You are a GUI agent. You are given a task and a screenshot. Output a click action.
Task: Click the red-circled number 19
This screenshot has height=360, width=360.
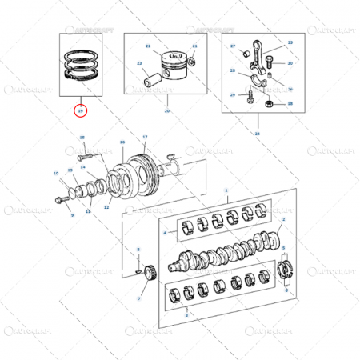pos(78,110)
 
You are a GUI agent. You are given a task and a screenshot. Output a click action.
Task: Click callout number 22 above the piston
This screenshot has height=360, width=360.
pos(147,47)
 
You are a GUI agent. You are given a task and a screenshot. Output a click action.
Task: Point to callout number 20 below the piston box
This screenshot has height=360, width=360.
pos(167,110)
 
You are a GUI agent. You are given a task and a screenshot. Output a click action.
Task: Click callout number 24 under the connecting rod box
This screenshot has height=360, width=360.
pos(257,133)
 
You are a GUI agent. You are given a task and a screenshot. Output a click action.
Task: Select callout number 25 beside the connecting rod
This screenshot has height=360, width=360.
pos(290,42)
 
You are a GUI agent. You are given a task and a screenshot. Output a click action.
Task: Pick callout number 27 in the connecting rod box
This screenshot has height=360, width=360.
pos(233,47)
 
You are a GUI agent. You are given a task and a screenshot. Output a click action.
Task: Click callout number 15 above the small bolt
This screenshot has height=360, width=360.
pos(82,138)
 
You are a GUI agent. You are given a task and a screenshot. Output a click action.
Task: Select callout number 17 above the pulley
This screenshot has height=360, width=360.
pos(145,138)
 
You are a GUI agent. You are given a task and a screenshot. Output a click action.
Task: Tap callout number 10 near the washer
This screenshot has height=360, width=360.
pos(56,174)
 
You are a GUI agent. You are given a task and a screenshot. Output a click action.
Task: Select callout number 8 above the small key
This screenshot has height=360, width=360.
pos(138,250)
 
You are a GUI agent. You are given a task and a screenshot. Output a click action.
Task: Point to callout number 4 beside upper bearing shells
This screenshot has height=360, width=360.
pos(164,233)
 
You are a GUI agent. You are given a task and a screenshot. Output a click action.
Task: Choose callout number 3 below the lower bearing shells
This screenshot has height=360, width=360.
pos(186,317)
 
